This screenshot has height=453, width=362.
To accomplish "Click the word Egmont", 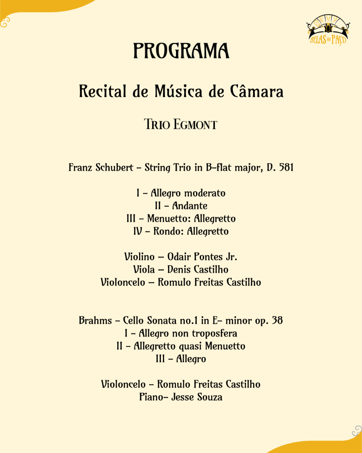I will [x=195, y=125].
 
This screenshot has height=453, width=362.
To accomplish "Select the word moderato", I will [x=205, y=193].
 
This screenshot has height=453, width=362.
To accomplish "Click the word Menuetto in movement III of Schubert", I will [x=164, y=219].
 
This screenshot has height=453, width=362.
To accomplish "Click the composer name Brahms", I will [x=96, y=321].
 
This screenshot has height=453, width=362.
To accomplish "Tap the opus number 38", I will [x=277, y=321].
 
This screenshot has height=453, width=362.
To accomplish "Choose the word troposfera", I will [x=215, y=333].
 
